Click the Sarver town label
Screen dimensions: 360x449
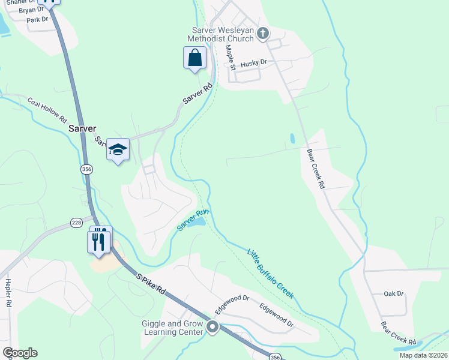tap(82, 128)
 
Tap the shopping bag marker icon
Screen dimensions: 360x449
tap(194, 58)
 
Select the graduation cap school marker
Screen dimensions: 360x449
tap(118, 150)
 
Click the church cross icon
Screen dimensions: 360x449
tap(262, 34)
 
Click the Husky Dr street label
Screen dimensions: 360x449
tap(253, 63)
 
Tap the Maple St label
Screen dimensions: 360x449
tap(230, 56)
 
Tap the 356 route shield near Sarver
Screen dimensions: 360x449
tap(86, 169)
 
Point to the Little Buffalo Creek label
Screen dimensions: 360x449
tap(271, 272)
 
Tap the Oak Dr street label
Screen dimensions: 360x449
tap(394, 293)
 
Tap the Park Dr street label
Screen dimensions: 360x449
tap(37, 20)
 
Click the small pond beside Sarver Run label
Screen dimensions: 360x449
tap(197, 223)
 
